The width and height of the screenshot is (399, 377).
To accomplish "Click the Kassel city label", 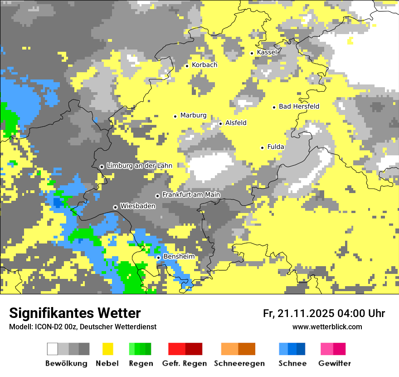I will (267, 52).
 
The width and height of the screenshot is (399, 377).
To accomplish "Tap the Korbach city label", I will (204, 65).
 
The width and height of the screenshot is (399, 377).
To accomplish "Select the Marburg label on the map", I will (193, 115).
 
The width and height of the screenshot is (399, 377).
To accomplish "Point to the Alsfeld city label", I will (236, 123).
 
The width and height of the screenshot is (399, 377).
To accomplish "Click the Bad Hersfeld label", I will (299, 106).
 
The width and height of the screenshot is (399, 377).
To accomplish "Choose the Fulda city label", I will (276, 147).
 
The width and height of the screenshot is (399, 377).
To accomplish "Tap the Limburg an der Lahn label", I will (139, 166).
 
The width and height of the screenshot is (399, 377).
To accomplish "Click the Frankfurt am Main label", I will (191, 195).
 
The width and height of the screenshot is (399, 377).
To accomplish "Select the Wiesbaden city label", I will (137, 206).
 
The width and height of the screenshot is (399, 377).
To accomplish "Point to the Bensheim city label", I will (179, 257).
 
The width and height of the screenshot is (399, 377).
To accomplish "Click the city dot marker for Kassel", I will (252, 53).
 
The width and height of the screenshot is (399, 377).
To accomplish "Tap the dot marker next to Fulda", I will (262, 148).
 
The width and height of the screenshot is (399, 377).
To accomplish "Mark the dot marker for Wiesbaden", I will (116, 207).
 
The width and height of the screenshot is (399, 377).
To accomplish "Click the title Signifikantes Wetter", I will (75, 313).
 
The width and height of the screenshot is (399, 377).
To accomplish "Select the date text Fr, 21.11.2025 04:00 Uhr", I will (324, 313).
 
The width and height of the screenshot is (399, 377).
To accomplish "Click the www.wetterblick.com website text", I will (327, 327).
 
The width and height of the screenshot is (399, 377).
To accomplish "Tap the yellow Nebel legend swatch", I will (108, 349).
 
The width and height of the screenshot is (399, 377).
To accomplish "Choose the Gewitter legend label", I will (334, 363).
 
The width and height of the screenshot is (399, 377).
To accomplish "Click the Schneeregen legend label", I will (239, 363).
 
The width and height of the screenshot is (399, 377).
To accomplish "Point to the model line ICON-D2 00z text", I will (83, 327).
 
